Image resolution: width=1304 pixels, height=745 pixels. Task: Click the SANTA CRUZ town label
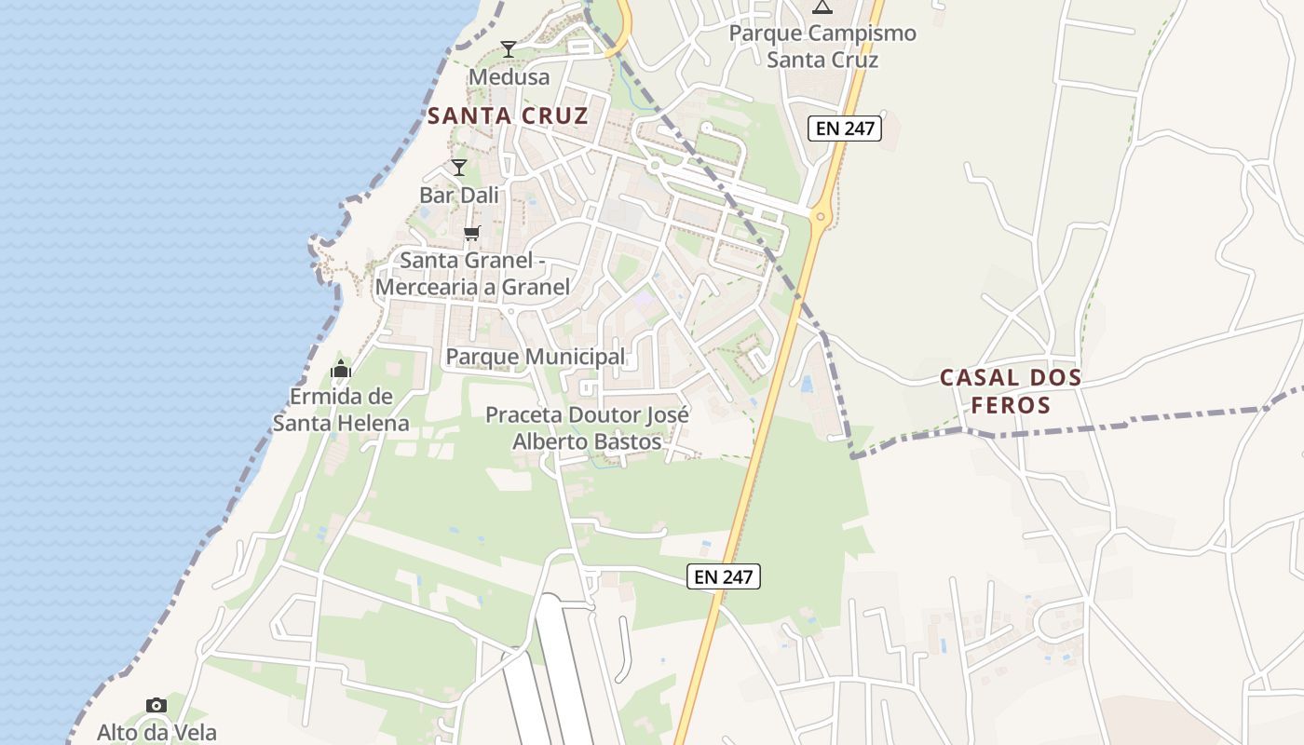pos(508,116)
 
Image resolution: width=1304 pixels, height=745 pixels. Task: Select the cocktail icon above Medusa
pos(508,49)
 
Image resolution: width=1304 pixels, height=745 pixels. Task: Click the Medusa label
pos(509,76)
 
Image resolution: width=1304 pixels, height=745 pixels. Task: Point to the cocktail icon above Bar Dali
pos(458,168)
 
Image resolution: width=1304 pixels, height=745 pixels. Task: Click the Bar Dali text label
pos(459,196)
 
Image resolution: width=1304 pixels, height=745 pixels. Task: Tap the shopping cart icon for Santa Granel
pos(471,233)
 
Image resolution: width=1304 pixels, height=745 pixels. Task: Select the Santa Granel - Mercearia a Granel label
pos(472,273)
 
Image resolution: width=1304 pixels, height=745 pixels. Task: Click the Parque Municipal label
pos(536,357)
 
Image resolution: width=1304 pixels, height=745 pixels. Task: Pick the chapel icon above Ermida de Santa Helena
pos(341,370)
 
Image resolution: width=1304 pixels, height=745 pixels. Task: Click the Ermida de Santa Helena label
pos(341,410)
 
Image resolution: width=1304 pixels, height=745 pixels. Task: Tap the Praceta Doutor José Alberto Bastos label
pos(587,427)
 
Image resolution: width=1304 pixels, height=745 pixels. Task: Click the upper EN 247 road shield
pos(844,129)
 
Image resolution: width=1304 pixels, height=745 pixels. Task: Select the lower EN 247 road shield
pos(725,576)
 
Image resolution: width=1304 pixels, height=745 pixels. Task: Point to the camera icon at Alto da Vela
pos(156,705)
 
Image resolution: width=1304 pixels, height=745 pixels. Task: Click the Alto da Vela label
pos(156,732)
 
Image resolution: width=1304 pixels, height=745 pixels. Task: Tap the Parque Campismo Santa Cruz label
pos(822,47)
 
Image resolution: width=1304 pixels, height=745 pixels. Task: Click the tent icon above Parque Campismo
pos(822,7)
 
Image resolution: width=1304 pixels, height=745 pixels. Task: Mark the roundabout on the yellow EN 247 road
pos(820,218)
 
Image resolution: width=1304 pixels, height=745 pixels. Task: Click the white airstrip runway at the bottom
pos(562,670)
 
